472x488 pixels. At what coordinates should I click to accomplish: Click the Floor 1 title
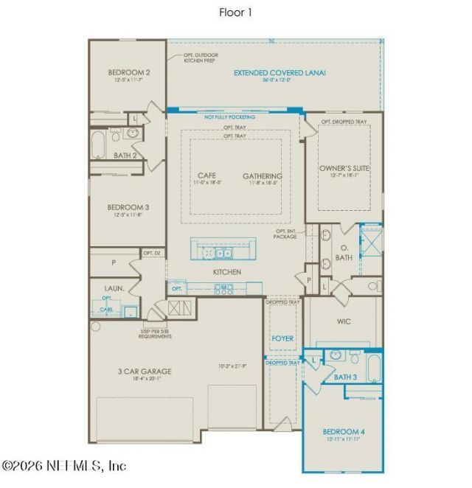tap(235, 12)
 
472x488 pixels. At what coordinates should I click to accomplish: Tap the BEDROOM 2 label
tap(129, 72)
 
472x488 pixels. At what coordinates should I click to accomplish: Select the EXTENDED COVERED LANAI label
tap(280, 73)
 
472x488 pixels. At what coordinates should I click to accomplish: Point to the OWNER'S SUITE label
tap(344, 169)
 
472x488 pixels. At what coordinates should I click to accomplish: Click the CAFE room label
tap(206, 175)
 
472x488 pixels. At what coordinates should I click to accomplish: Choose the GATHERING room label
tap(263, 176)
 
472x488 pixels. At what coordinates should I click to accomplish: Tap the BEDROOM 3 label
tap(129, 207)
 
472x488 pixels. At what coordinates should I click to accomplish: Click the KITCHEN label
tap(227, 272)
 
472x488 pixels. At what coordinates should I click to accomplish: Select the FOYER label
tap(282, 338)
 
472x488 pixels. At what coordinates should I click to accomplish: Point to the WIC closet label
tap(344, 321)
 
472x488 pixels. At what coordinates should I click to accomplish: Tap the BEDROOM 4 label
tap(343, 431)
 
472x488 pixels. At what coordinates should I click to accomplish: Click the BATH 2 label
tap(125, 156)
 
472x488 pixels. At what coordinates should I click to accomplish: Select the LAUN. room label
tap(114, 288)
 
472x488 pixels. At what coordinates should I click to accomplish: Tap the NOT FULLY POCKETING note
tap(230, 117)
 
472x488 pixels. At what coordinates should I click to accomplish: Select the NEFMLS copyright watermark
tap(64, 466)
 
